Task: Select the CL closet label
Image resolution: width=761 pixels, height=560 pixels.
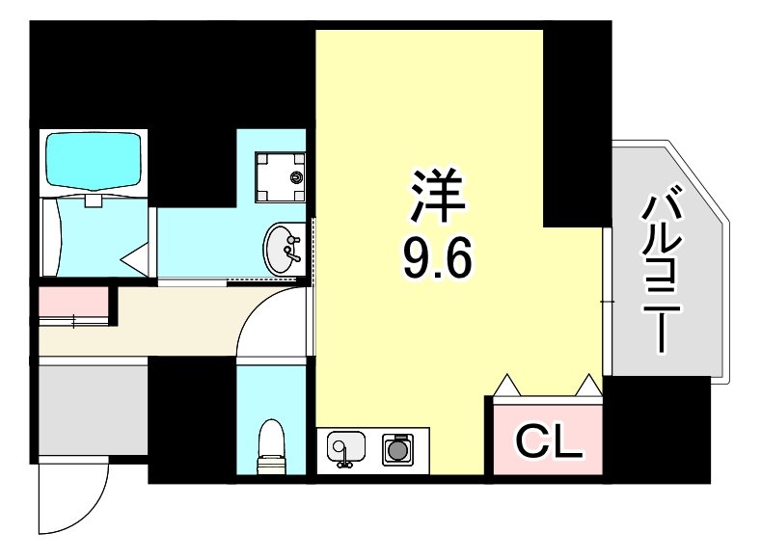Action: point(549,441)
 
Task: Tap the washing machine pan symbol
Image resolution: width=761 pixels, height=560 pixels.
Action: point(280,176)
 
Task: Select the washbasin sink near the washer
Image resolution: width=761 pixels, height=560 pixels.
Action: point(284,249)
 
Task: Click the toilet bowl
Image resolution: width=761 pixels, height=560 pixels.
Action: point(272,446)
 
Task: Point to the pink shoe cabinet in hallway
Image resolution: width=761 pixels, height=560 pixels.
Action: point(75,303)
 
